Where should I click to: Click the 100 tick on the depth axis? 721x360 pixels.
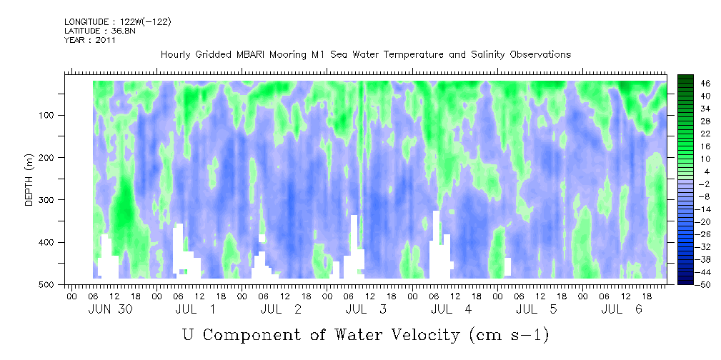click(x=56, y=115)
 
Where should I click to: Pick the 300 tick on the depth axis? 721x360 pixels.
click(x=56, y=199)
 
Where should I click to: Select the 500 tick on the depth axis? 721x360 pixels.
click(x=56, y=284)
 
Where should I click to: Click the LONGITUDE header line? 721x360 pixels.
click(x=117, y=22)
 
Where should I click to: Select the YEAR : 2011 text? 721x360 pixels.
click(x=89, y=40)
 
